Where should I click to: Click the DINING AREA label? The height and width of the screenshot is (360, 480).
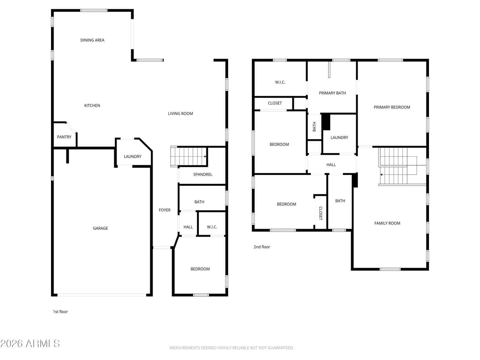click(x=92, y=40)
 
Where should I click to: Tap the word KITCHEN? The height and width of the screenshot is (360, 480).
click(x=92, y=106)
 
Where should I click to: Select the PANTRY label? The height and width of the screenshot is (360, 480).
click(x=64, y=137)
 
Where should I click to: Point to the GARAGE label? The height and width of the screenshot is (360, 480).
click(x=100, y=228)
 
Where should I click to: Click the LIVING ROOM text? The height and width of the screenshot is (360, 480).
click(x=180, y=114)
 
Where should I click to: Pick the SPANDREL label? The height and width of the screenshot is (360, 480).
click(x=203, y=174)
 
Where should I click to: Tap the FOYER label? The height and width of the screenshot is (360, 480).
click(x=165, y=210)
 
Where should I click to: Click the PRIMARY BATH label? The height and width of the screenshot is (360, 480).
click(x=332, y=93)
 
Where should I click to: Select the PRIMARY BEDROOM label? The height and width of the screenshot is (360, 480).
click(x=392, y=107)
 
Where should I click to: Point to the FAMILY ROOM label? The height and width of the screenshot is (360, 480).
click(x=387, y=223)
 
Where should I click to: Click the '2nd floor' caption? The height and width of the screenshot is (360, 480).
click(x=262, y=247)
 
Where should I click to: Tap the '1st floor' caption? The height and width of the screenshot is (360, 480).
click(x=60, y=312)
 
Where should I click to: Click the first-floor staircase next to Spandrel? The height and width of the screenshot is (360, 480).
click(x=188, y=156)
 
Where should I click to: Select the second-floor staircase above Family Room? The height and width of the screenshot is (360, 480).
click(x=398, y=166)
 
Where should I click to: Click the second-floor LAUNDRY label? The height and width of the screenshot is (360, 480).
click(x=339, y=138)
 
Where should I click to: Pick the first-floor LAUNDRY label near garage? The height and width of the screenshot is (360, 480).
click(x=133, y=157)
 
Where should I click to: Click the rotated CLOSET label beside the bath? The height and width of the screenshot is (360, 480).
click(x=321, y=213)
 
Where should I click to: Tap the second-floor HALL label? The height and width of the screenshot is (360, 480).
click(x=331, y=165)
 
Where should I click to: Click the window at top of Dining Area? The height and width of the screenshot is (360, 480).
click(x=94, y=10)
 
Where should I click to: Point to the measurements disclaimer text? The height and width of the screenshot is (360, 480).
click(x=232, y=348)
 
